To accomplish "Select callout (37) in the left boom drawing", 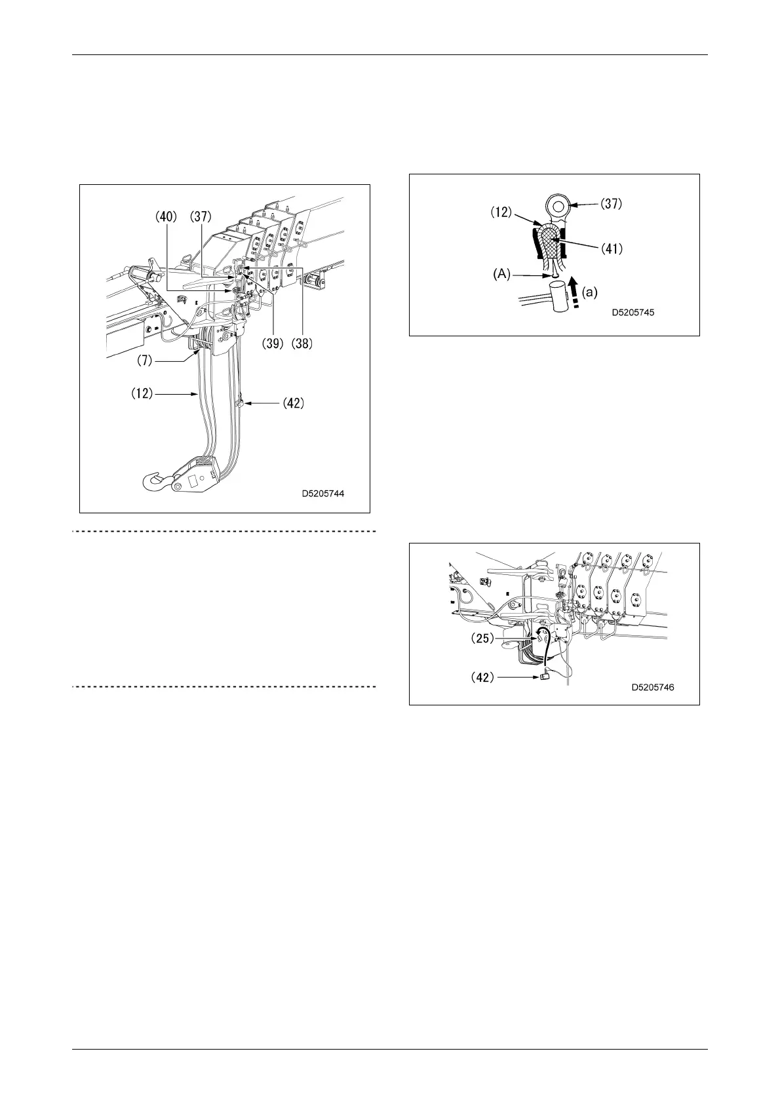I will [x=201, y=216].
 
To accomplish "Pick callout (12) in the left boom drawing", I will [x=141, y=393].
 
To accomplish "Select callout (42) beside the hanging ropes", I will [x=293, y=404].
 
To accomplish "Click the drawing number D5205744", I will [x=323, y=494].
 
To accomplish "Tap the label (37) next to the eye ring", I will [x=612, y=204].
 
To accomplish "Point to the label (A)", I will [x=501, y=275].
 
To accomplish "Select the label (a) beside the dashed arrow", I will [x=590, y=293].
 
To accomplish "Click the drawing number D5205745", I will [x=633, y=313].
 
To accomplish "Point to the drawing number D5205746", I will [x=653, y=688].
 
